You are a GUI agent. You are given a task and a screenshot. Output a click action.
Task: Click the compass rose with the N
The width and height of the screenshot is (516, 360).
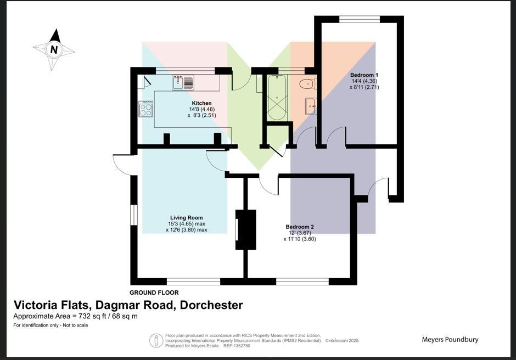[x=54, y=49]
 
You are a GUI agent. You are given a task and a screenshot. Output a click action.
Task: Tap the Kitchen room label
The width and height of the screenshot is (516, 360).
[x=201, y=103]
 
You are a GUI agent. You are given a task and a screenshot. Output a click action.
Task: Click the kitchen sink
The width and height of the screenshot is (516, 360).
[x=183, y=83]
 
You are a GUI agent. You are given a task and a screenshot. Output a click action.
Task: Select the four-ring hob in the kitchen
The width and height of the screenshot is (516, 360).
[x=146, y=109]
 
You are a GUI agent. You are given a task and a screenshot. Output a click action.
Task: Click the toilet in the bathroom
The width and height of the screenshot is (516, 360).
[x=307, y=84]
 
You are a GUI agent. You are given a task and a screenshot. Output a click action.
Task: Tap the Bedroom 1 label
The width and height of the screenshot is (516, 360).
[x=364, y=75]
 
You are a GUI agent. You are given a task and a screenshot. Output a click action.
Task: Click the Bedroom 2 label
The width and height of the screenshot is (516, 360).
[x=300, y=227]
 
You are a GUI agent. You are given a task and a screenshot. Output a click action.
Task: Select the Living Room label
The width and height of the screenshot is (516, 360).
[x=187, y=218]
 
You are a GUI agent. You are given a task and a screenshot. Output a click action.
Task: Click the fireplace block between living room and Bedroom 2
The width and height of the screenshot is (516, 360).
[x=246, y=229]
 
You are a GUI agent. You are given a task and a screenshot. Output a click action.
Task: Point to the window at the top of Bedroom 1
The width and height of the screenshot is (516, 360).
[x=359, y=19]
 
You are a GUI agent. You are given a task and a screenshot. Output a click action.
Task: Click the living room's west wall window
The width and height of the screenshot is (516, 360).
[x=133, y=215]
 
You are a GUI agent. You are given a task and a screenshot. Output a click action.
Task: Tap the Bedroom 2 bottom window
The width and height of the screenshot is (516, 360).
[x=302, y=282]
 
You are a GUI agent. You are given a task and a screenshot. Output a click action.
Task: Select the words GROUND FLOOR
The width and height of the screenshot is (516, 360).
[x=154, y=292]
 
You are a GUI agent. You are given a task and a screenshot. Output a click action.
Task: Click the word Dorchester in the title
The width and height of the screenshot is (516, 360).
[x=211, y=305]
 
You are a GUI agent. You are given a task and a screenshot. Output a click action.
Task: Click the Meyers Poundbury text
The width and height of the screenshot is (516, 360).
[x=450, y=339]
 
